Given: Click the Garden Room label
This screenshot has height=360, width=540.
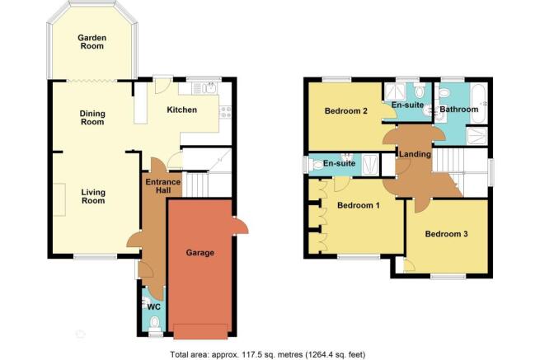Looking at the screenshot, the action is (92, 42).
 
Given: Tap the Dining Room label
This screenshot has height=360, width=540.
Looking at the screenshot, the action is (92, 117).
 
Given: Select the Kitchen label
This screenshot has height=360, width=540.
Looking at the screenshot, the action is (182, 110).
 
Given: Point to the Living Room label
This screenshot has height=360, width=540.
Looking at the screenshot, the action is (93, 196).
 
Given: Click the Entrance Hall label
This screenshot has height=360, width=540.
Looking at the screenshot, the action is (163, 186).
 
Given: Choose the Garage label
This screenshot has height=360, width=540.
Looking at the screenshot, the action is (200, 253).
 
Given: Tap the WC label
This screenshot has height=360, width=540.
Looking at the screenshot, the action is (153, 306).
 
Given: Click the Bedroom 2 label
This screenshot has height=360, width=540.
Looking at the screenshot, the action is (345, 111).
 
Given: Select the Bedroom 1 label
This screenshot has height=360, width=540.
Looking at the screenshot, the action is (359, 205).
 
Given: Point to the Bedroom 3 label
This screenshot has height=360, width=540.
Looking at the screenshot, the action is (446, 234).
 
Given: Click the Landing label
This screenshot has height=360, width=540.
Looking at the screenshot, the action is (415, 154).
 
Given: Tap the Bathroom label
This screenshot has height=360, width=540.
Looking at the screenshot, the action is (459, 110).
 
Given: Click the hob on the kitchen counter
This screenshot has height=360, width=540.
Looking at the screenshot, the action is (226, 112).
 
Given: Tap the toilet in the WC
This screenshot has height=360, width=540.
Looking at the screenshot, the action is (155, 322).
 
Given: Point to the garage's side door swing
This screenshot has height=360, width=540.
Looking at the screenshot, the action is (241, 226).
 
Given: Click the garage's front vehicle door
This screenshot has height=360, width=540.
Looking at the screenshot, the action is (200, 331).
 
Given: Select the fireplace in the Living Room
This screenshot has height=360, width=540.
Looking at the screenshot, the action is (59, 199).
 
